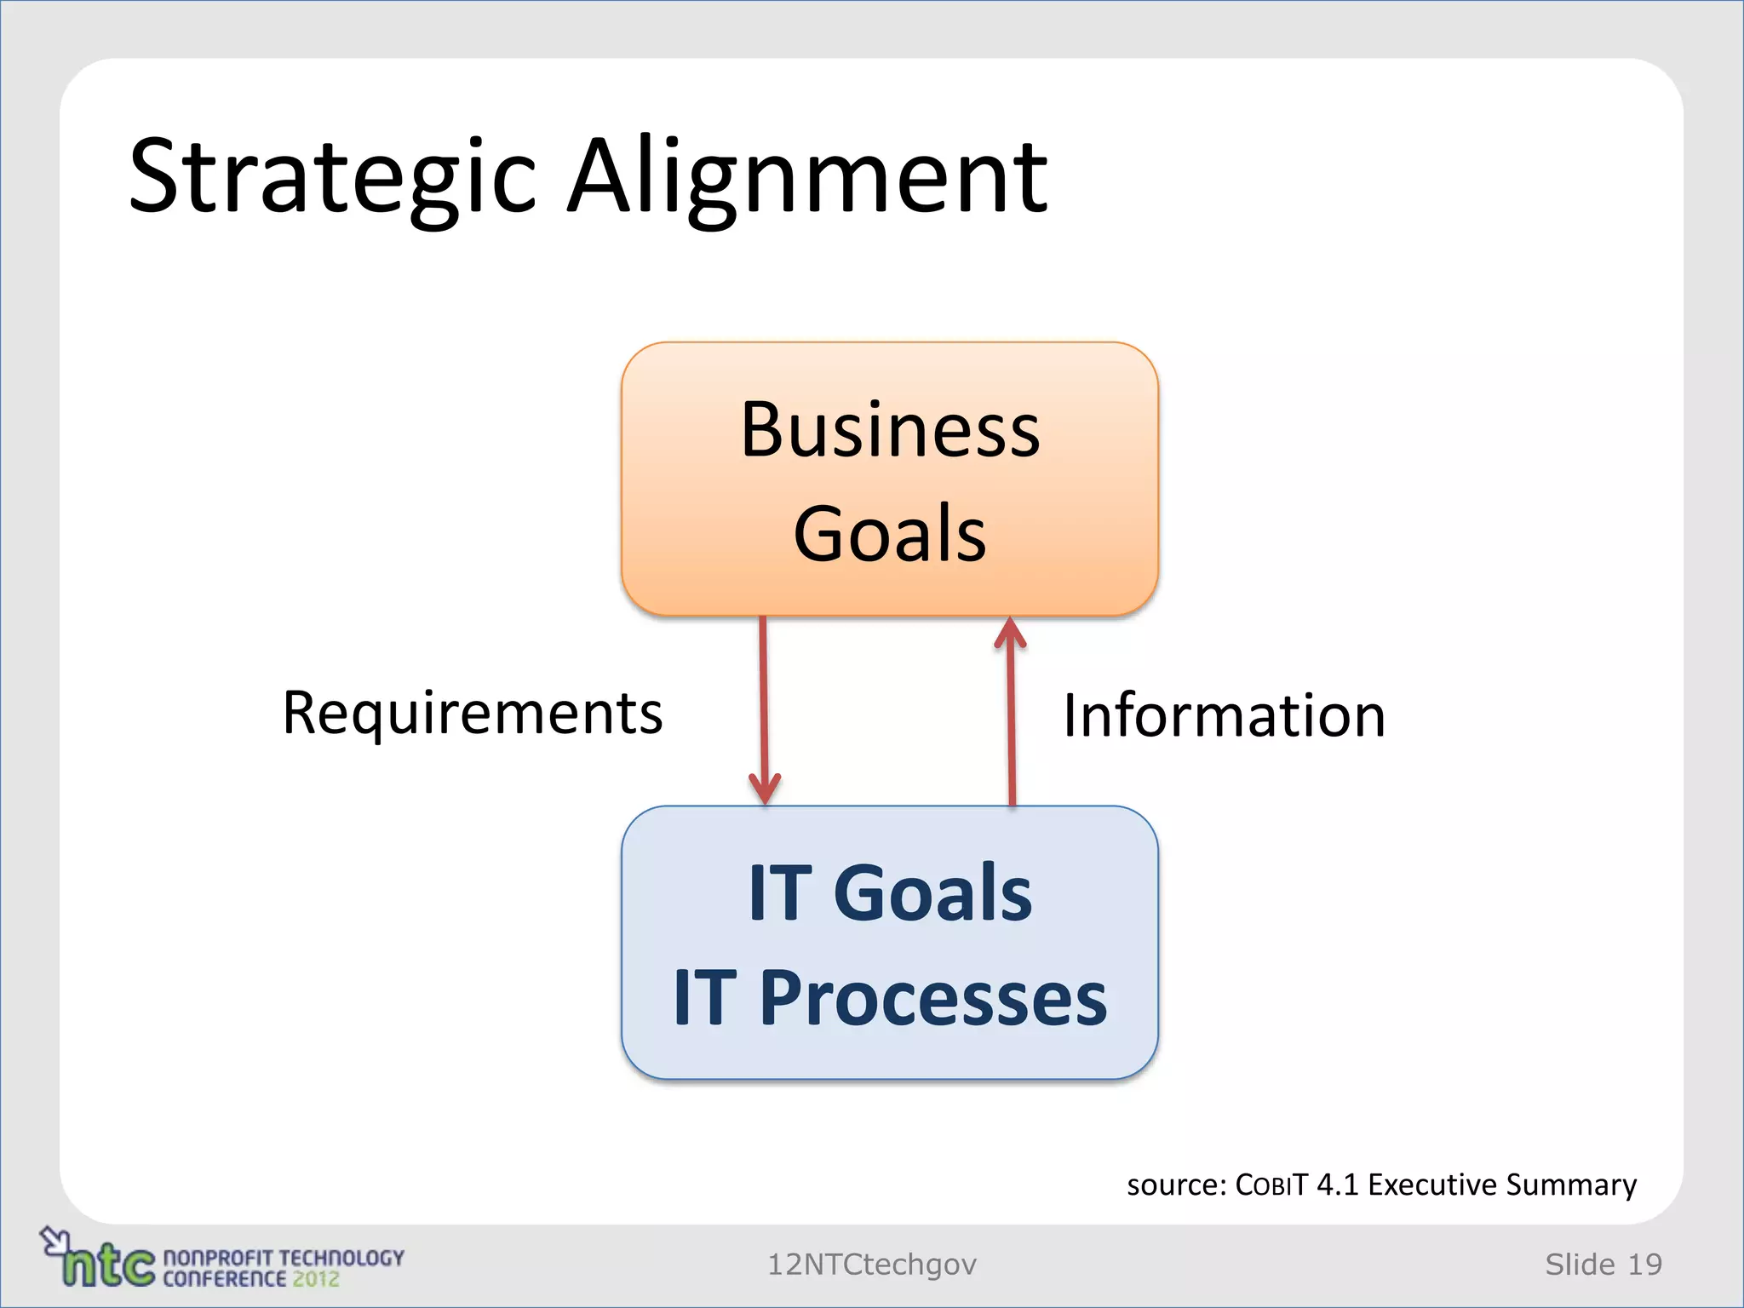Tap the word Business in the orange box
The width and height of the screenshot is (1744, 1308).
pos(890,430)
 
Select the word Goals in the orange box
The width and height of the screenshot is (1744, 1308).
pos(890,534)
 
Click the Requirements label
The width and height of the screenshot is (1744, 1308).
pos(473,714)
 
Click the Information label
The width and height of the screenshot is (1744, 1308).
pos(1224,715)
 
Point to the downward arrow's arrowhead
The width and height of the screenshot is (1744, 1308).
pos(765,789)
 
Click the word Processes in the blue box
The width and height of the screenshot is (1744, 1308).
pos(932,998)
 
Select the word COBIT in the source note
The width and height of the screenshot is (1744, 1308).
pos(1271,1185)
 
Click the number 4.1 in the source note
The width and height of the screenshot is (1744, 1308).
pos(1337,1185)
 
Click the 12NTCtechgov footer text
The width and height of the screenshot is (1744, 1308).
pos(872,1265)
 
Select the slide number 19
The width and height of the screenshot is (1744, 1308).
pos(1644,1265)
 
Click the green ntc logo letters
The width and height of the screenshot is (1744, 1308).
pos(109,1267)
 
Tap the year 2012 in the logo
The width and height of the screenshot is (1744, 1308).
pos(316,1279)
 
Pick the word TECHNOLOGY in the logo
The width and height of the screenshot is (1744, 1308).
pos(341,1258)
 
